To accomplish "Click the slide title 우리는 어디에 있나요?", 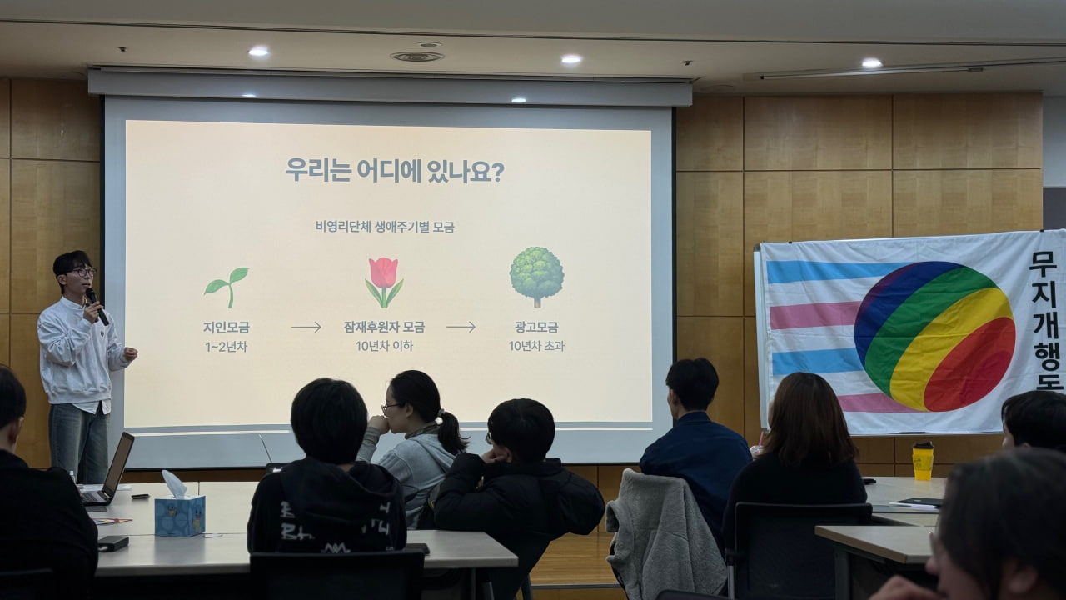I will tap(394, 171).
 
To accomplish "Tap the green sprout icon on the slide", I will tap(227, 286).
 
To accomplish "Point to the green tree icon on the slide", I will tap(536, 276).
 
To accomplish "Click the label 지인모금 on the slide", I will tap(227, 327).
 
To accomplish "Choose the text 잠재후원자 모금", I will tap(384, 327).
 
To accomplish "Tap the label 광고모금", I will tap(536, 327).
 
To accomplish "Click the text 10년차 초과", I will tap(536, 346).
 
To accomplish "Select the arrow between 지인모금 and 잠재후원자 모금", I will tap(306, 327).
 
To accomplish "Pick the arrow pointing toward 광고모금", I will tap(461, 327).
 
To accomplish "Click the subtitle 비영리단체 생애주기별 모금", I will tap(385, 227).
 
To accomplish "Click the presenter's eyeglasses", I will tap(82, 272).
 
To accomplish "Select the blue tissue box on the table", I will tap(179, 514).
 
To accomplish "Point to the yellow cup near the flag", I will tap(923, 461).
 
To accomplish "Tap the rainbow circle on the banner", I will tap(934, 336).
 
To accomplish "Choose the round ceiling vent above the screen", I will tap(416, 57).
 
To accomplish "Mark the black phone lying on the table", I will tap(113, 543).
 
